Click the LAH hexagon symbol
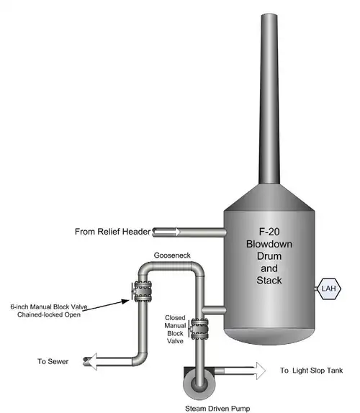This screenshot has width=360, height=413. [x=328, y=289]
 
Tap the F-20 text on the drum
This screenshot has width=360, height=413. [x=269, y=232]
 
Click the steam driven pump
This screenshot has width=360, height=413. [x=199, y=383]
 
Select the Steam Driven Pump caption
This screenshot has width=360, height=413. [x=217, y=409]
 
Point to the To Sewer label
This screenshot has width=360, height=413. [x=53, y=361]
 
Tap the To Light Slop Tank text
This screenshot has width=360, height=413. [x=312, y=371]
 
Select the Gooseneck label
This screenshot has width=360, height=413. [x=172, y=255]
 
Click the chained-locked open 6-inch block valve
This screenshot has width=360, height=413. [x=143, y=291]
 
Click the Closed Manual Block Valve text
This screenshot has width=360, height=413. [x=175, y=330]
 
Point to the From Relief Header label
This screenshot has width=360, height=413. [x=112, y=232]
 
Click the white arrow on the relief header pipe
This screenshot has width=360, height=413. [x=167, y=232]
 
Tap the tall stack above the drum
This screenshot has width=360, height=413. [x=269, y=99]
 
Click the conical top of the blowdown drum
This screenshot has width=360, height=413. [x=269, y=198]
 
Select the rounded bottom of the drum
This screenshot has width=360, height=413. [x=269, y=336]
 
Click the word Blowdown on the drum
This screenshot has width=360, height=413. [x=269, y=244]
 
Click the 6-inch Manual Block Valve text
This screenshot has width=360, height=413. [x=49, y=307]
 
